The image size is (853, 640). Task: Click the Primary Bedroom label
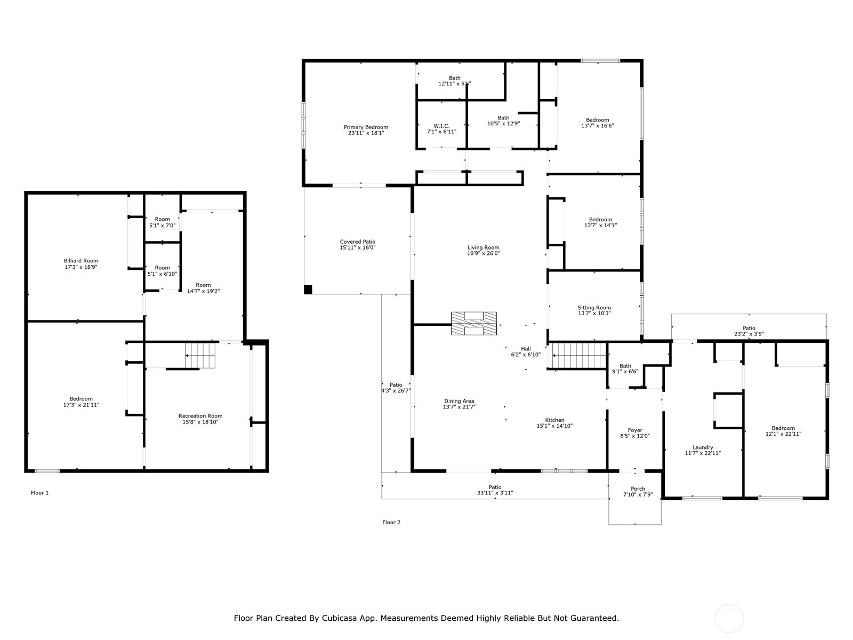coord(366,127)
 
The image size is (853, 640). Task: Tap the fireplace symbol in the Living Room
coord(474,323)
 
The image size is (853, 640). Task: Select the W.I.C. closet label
coord(441,126)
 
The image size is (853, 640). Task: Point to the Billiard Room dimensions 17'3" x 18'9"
coord(81,267)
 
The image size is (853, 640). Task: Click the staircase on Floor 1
coord(200,356)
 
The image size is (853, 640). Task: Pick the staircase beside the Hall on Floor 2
coord(580,356)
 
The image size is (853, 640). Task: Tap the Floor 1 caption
coord(39,493)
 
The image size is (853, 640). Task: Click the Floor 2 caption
coord(391,522)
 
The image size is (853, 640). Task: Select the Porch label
coord(638,489)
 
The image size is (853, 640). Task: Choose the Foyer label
coord(635,430)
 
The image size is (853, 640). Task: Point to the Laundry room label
coord(703,447)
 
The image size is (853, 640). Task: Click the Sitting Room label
coord(594,308)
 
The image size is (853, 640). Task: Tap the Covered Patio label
coord(358,242)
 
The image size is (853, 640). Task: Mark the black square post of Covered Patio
coord(308,290)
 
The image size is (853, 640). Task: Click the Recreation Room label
coord(200,416)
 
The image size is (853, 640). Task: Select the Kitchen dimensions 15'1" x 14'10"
coord(554,426)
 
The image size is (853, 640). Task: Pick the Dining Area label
coord(459,401)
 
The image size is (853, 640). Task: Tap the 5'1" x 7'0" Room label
coord(163,222)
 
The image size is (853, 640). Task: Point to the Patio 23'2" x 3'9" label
coord(749,331)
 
